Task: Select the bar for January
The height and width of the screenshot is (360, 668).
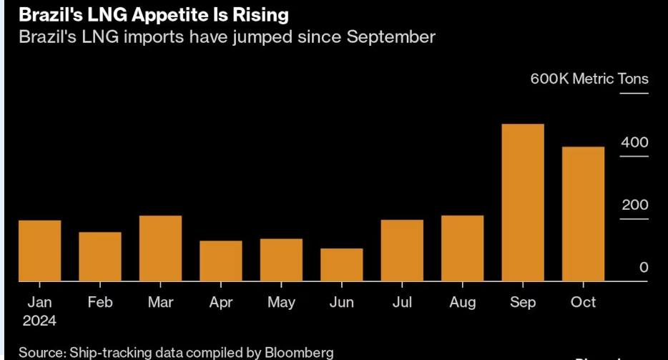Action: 39,250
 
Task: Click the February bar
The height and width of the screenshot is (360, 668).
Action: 100,256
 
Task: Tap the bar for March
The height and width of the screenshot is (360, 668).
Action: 160,248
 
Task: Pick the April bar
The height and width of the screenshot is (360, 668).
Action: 221,261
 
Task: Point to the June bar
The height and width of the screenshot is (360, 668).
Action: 342,265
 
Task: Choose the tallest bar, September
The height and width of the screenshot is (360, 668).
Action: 523,203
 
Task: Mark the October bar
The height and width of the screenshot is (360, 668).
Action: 584,214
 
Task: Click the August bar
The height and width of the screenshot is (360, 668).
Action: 463,248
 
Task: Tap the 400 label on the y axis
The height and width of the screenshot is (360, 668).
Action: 634,142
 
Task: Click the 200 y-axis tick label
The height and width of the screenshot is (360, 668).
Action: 634,205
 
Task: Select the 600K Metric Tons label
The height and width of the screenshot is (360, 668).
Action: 589,79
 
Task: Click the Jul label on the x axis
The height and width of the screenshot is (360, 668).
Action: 402,303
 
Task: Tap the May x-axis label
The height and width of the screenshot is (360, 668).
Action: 281,303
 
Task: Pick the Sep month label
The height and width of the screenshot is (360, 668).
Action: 523,303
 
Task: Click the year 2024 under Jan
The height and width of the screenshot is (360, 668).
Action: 39,320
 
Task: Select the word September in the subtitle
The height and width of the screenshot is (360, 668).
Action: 391,37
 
